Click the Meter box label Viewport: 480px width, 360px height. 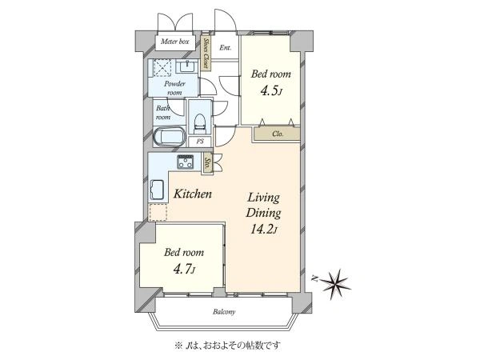point(174,42)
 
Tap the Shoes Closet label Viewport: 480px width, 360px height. point(206,54)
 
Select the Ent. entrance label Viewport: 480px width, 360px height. point(226,48)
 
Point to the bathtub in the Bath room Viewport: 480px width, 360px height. point(170,136)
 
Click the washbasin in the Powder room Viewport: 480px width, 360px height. point(186,66)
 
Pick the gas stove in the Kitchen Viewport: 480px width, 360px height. point(186,162)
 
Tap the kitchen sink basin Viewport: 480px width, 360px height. point(157,190)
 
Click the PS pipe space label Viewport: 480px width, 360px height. point(200,142)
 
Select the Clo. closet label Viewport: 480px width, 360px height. point(278,134)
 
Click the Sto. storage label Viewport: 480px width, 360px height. point(207,164)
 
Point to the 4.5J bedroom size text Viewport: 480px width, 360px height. point(270,91)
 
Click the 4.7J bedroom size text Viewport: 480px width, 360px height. point(184,270)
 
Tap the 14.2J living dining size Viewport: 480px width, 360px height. point(264,230)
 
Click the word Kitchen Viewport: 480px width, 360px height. point(193,194)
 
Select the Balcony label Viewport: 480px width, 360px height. point(224,312)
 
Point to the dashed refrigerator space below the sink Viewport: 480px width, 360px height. point(158,212)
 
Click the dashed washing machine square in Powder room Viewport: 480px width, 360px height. point(162,67)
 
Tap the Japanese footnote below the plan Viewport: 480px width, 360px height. point(227,346)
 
